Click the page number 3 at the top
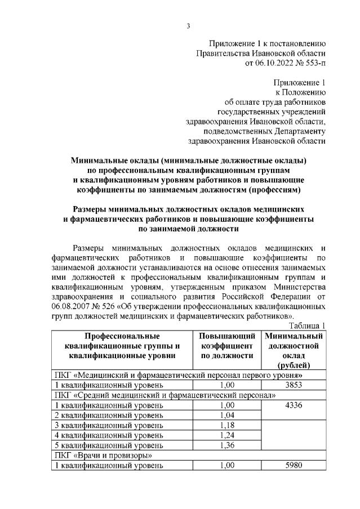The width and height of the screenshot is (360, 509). [189, 25]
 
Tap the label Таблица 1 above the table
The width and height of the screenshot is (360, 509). [307, 326]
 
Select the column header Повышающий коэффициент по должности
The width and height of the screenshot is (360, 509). [227, 346]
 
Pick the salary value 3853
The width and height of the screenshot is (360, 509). [295, 385]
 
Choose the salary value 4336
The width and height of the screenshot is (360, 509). [295, 405]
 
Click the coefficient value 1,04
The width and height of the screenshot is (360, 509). [227, 415]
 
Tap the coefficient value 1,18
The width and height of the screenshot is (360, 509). [227, 425]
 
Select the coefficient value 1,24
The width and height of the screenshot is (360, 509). [227, 435]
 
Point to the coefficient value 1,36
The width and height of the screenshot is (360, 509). [227, 445]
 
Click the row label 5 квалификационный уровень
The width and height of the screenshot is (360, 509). [109, 445]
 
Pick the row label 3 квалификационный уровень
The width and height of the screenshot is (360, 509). [109, 425]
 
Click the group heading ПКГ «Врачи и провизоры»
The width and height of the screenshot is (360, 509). [101, 455]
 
